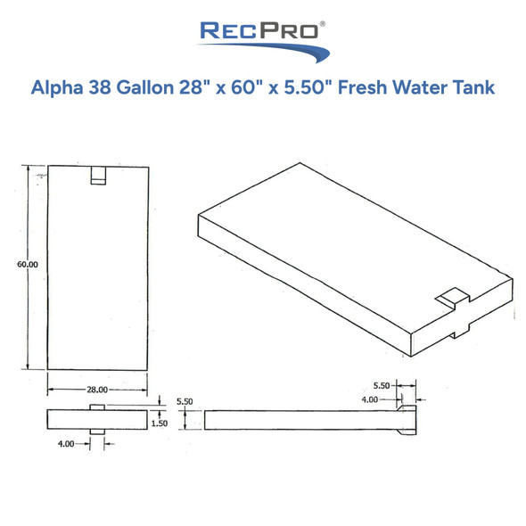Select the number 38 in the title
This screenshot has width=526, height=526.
click(x=111, y=88)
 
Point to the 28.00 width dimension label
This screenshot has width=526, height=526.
click(x=96, y=390)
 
